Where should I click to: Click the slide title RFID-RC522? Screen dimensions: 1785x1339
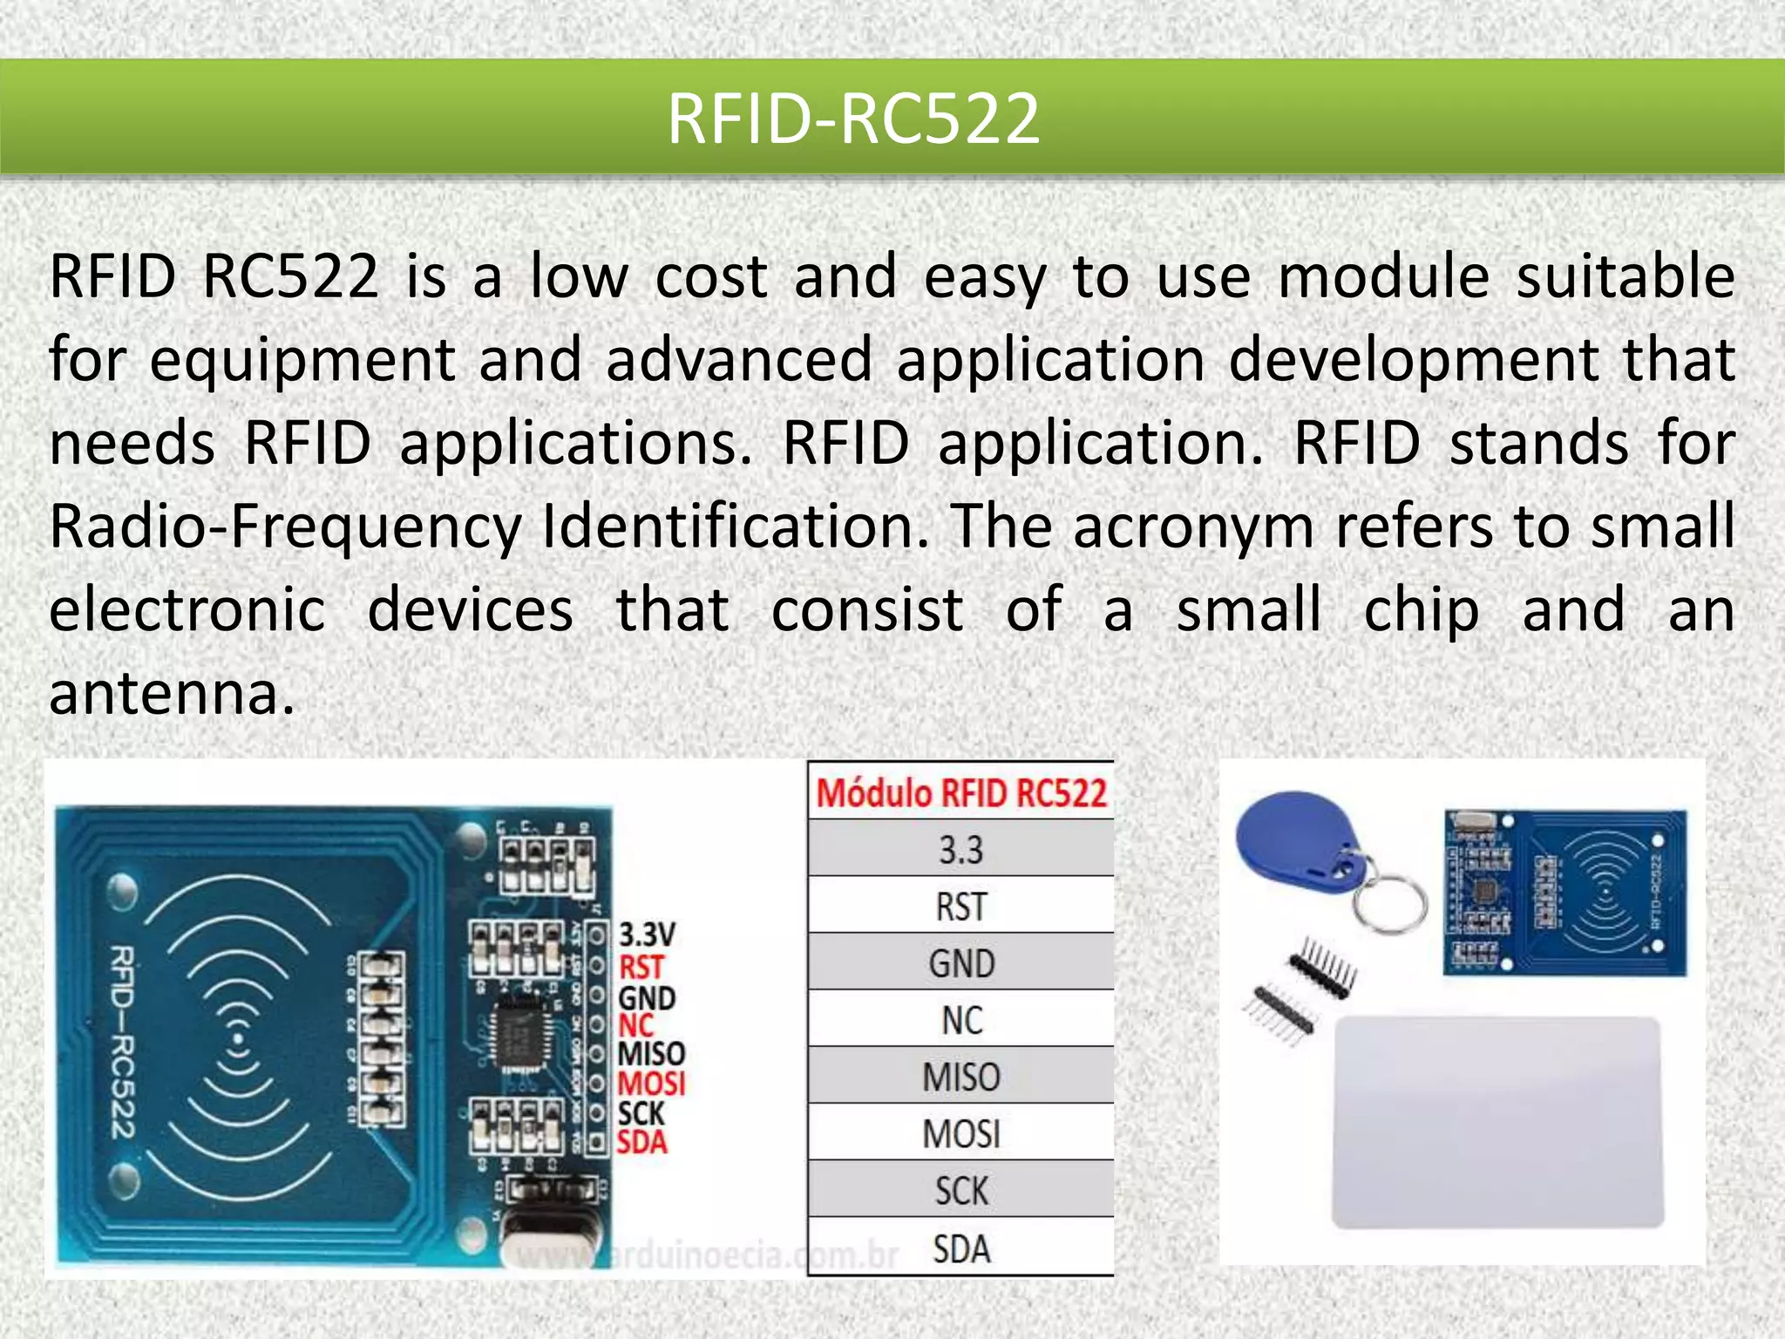pyautogui.click(x=853, y=119)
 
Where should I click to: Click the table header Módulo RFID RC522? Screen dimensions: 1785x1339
pyautogui.click(x=961, y=793)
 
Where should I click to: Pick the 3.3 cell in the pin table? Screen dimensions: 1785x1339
pyautogui.click(x=961, y=850)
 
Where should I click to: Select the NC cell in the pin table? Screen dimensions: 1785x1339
pyautogui.click(x=961, y=1020)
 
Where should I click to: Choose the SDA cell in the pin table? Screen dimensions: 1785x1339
pyautogui.click(x=961, y=1248)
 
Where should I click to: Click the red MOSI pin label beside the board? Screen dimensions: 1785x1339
pyautogui.click(x=651, y=1084)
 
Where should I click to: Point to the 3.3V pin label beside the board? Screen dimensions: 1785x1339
pyautogui.click(x=647, y=935)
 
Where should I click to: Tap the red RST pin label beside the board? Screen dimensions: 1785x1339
pyautogui.click(x=641, y=967)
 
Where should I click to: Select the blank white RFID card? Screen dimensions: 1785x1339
pyautogui.click(x=1497, y=1122)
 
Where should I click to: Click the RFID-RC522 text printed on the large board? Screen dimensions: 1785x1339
pyautogui.click(x=122, y=1042)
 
